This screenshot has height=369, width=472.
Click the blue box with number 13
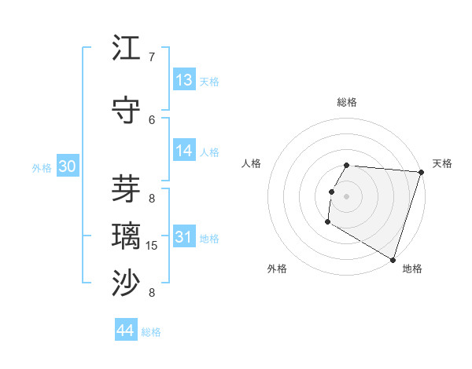click(184, 80)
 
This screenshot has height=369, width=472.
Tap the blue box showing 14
click(184, 152)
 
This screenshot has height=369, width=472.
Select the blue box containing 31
click(184, 238)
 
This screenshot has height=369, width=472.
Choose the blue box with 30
click(67, 167)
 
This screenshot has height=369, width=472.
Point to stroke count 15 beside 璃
click(152, 246)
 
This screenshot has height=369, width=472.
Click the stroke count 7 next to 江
click(152, 57)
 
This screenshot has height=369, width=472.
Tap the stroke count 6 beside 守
click(152, 119)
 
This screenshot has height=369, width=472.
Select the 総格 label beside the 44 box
click(151, 332)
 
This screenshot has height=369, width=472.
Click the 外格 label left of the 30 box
click(42, 168)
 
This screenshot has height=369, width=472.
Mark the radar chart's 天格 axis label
click(442, 163)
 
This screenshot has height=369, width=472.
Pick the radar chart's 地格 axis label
click(412, 269)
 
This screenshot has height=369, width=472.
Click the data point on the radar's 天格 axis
click(421, 172)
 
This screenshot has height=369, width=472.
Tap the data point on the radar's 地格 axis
click(392, 259)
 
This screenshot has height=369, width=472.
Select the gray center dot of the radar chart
click(346, 196)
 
